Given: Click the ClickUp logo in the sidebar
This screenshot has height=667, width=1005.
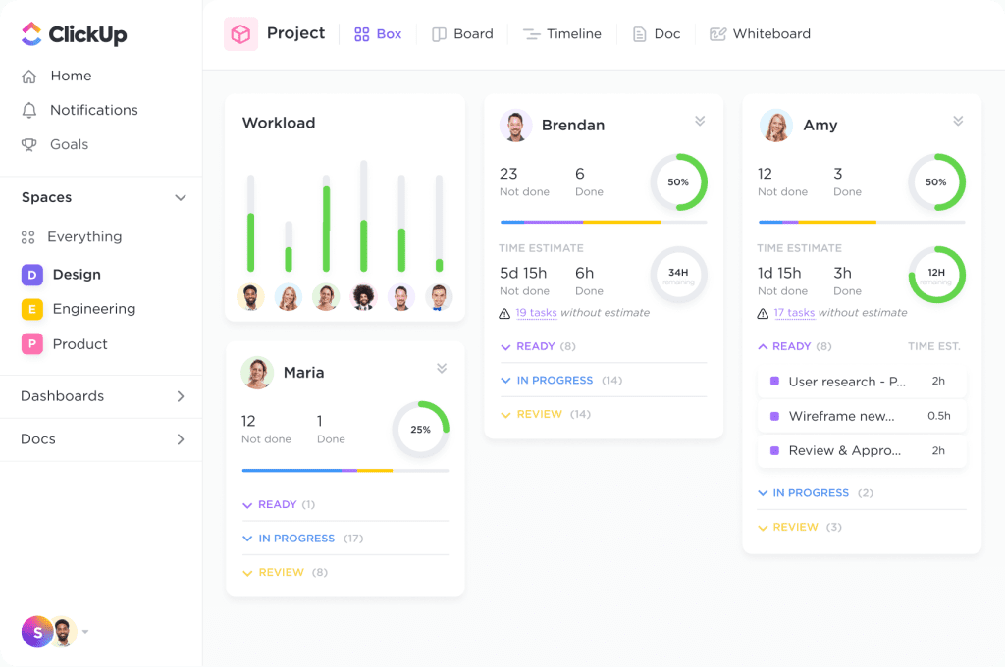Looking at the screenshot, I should (x=74, y=34).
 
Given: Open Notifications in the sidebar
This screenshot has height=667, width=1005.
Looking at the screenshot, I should (x=93, y=110).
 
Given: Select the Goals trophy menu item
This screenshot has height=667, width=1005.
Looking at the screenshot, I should (x=69, y=144).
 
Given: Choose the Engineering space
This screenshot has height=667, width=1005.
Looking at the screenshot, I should (x=93, y=309).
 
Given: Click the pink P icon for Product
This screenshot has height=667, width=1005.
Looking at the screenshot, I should (x=32, y=344).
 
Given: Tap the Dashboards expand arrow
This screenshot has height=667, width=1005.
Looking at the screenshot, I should (x=181, y=396).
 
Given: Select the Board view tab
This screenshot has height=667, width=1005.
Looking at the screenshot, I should (x=462, y=34).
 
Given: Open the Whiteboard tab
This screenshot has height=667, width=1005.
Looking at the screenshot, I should (x=760, y=34).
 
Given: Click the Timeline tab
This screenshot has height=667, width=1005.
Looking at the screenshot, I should (x=562, y=34).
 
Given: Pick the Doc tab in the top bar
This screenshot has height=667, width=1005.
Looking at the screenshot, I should (x=657, y=34).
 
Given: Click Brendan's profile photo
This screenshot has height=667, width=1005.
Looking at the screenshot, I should (x=515, y=125).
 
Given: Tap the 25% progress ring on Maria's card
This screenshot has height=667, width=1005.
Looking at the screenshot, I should (x=420, y=430).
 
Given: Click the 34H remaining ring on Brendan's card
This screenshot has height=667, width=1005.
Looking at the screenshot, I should (x=678, y=274).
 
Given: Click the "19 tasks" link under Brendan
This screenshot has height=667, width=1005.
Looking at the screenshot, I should (x=536, y=313).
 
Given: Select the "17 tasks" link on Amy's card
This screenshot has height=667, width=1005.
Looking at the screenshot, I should (x=794, y=313).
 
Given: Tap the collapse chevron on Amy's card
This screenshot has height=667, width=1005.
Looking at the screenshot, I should (x=958, y=121).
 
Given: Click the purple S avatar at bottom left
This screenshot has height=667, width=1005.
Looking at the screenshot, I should (x=37, y=633).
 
